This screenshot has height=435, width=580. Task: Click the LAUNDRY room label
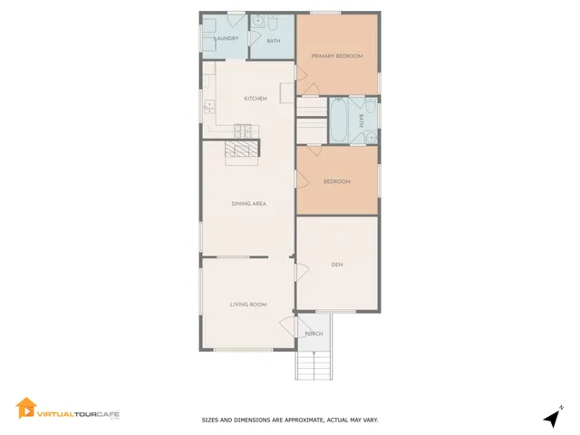click(226, 38)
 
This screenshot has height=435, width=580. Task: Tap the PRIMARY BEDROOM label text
click(337, 56)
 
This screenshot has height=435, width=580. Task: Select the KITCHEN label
click(255, 99)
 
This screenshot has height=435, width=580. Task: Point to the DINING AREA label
click(247, 204)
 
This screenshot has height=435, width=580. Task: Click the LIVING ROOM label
click(247, 304)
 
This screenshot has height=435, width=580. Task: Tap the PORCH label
click(314, 333)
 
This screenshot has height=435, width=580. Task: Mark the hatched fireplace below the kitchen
click(242, 150)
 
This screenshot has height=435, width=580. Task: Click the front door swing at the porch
click(289, 329)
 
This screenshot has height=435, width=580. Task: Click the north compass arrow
click(551, 418)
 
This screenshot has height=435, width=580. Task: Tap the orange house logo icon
click(25, 409)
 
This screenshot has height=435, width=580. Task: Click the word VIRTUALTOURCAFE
click(78, 413)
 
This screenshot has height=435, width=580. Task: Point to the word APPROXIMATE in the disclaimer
click(301, 420)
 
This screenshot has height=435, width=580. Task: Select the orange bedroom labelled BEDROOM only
click(337, 181)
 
